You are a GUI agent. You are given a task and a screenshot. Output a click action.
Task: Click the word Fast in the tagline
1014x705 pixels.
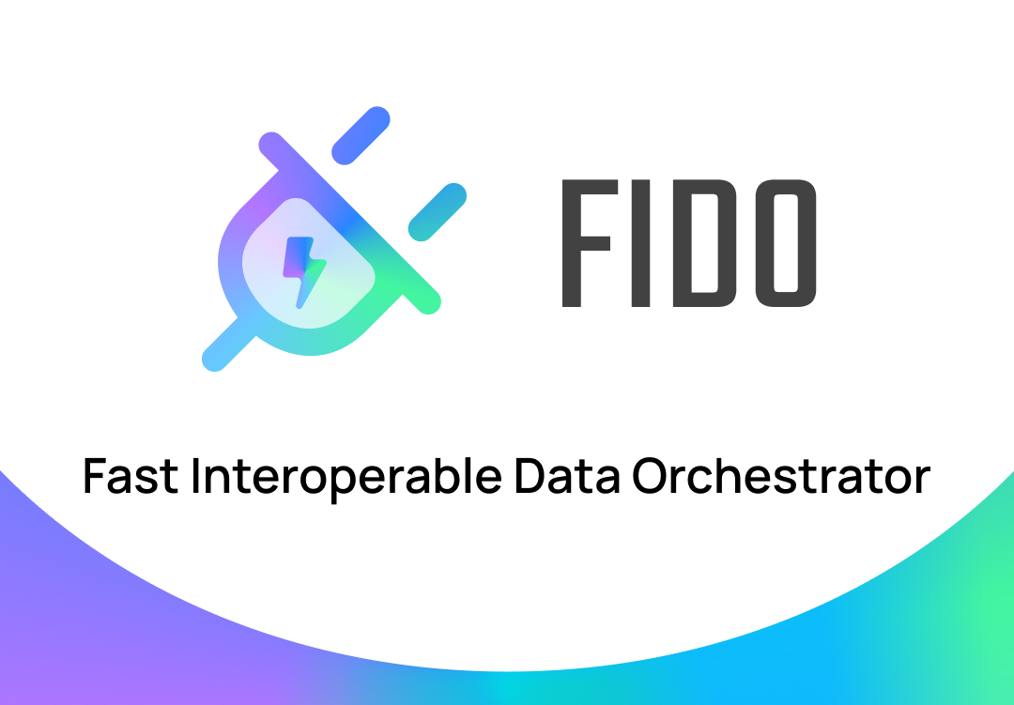click(130, 476)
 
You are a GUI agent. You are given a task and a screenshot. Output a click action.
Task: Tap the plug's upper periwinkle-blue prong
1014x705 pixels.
click(361, 136)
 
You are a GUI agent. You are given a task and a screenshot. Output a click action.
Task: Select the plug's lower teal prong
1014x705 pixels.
click(438, 211)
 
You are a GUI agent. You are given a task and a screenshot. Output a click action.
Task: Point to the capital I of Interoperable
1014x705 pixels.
click(197, 476)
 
